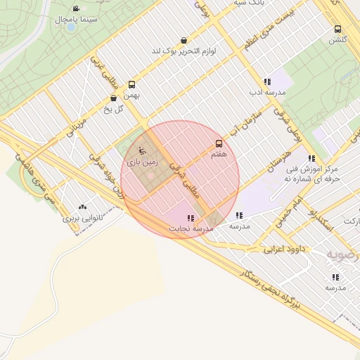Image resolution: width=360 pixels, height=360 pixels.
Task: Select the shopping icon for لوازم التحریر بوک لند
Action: point(184,41)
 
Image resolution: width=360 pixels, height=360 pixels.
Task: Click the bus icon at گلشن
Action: point(338,30)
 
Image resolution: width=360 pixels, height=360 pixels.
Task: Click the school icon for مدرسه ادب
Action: point(266,82)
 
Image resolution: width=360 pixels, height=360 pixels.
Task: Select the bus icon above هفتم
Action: point(219,143)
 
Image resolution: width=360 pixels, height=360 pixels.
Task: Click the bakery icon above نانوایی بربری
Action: point(84,207)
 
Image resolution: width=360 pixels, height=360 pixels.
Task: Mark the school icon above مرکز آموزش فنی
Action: point(311,158)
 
